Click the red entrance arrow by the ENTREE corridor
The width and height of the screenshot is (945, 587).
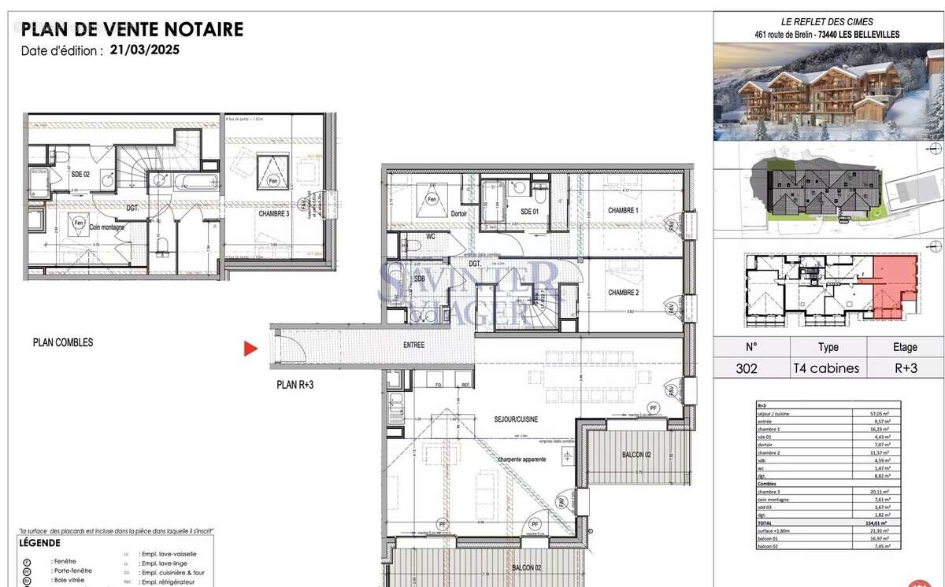250,349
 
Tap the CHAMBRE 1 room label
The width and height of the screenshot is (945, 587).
623,211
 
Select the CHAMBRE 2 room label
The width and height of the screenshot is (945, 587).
623,293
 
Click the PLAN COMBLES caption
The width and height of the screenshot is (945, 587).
63,343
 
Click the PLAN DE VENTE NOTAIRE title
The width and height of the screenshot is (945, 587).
132,30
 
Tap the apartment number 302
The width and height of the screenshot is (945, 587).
750,367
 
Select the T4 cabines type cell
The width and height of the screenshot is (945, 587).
828,367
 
